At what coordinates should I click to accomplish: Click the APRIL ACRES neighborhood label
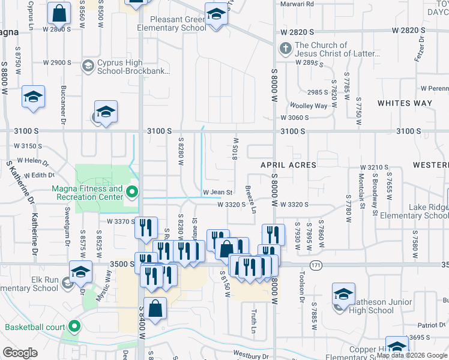pyautogui.click(x=288, y=164)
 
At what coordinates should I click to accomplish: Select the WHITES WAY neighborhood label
pyautogui.click(x=405, y=103)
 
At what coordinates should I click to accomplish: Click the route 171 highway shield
pyautogui.click(x=316, y=265)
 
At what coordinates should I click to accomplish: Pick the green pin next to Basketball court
pyautogui.click(x=74, y=327)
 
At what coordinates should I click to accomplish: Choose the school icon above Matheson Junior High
pyautogui.click(x=343, y=294)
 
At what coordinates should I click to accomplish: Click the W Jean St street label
pyautogui.click(x=217, y=192)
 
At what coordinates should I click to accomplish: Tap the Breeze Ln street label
pyautogui.click(x=250, y=199)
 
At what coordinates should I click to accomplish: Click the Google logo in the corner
pyautogui.click(x=20, y=353)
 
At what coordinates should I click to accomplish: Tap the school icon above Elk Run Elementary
pyautogui.click(x=80, y=272)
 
